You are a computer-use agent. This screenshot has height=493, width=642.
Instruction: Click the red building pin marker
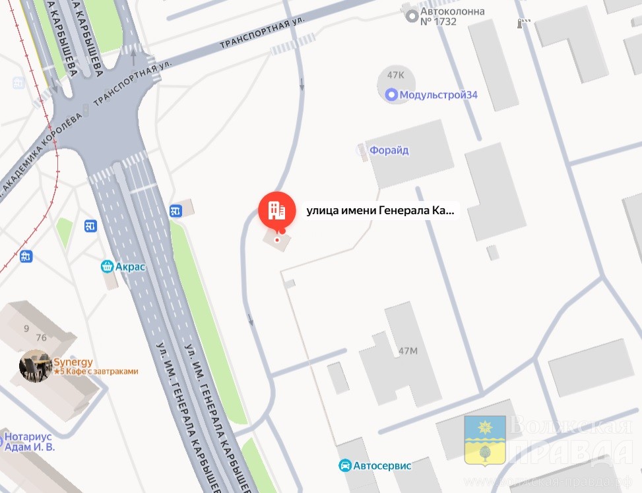276,210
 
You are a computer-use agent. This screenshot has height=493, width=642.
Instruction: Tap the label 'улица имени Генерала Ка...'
380,211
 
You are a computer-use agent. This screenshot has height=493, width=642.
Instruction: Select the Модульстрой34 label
439,95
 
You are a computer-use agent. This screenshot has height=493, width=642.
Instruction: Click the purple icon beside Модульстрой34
391,95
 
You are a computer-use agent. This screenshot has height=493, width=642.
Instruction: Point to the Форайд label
389,150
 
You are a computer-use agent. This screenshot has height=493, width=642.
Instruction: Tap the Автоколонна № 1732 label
453,16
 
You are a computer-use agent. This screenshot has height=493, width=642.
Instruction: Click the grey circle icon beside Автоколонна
412,16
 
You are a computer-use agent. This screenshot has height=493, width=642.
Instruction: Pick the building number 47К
396,75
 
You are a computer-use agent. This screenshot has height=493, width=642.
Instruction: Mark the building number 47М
408,351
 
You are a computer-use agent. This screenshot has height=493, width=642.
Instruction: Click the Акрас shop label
130,267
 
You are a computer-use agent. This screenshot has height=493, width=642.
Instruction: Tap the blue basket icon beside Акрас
106,267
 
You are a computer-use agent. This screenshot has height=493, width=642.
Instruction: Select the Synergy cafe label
73,362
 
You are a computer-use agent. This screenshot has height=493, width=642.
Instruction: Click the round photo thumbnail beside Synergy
36,366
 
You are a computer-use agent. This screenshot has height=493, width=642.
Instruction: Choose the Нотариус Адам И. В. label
30,442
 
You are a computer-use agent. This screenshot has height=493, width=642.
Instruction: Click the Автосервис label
382,466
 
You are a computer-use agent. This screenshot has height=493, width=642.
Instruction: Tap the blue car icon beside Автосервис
344,466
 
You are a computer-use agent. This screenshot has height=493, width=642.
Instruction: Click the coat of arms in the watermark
485,440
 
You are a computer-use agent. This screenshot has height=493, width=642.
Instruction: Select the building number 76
41,338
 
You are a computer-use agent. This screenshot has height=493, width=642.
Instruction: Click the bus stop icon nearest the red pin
176,211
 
